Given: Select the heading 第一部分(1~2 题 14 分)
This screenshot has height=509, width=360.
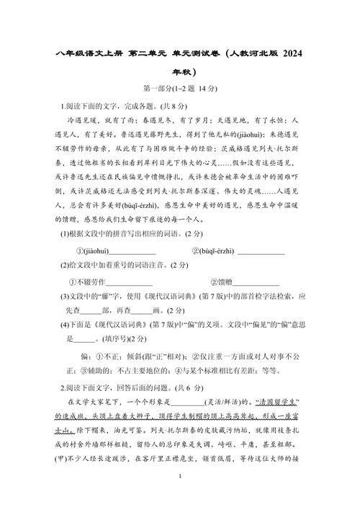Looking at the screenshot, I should coord(180,89).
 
